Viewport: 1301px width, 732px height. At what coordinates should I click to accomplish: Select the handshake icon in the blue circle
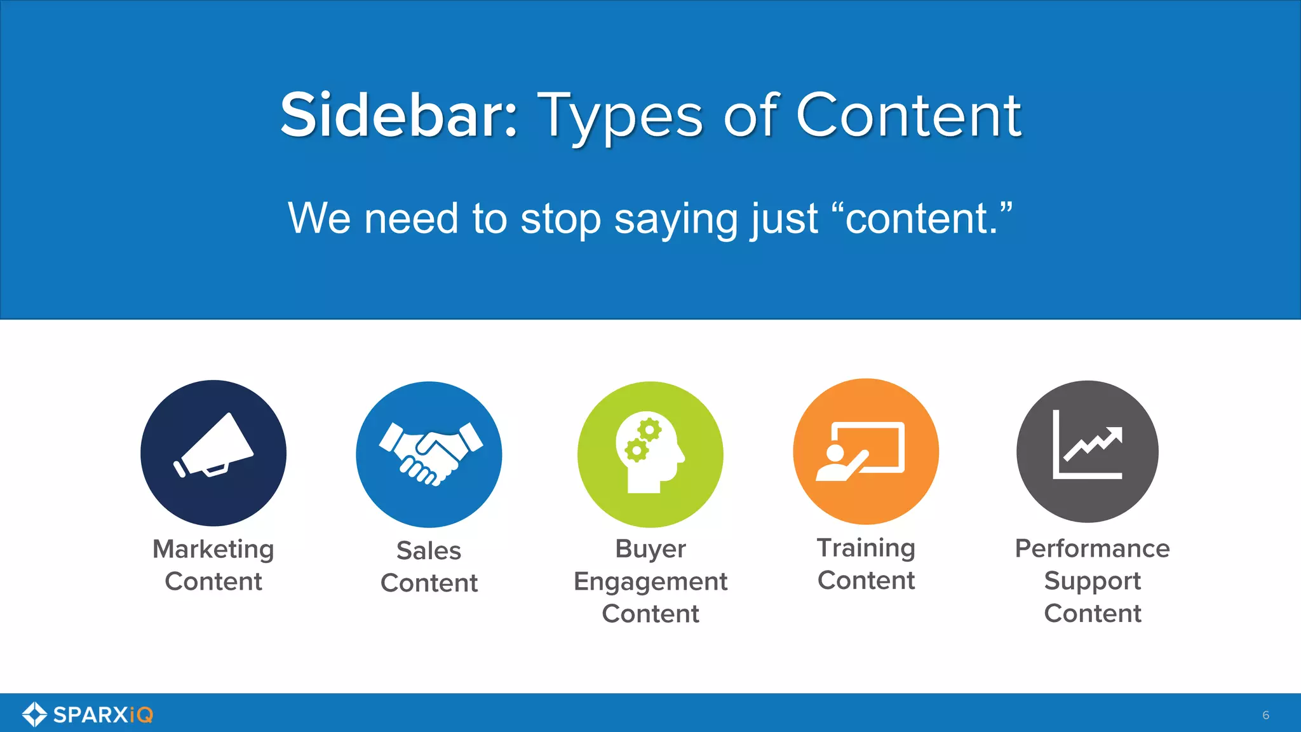point(430,452)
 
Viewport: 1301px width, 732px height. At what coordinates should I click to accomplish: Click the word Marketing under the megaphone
point(213,549)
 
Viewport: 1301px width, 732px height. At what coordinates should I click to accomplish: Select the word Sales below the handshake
point(429,550)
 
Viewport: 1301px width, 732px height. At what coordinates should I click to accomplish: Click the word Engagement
point(650,581)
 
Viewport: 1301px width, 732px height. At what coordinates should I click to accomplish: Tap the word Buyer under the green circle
point(650,549)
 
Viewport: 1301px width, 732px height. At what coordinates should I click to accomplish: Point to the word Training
point(866,548)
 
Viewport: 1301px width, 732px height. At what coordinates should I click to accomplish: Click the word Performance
point(1092,548)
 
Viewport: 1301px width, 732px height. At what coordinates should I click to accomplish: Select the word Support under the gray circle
point(1092,581)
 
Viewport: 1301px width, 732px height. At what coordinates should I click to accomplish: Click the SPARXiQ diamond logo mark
point(34,714)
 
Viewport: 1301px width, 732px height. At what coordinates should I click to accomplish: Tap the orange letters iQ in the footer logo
point(141,715)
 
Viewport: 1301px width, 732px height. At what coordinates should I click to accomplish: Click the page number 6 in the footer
point(1265,715)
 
